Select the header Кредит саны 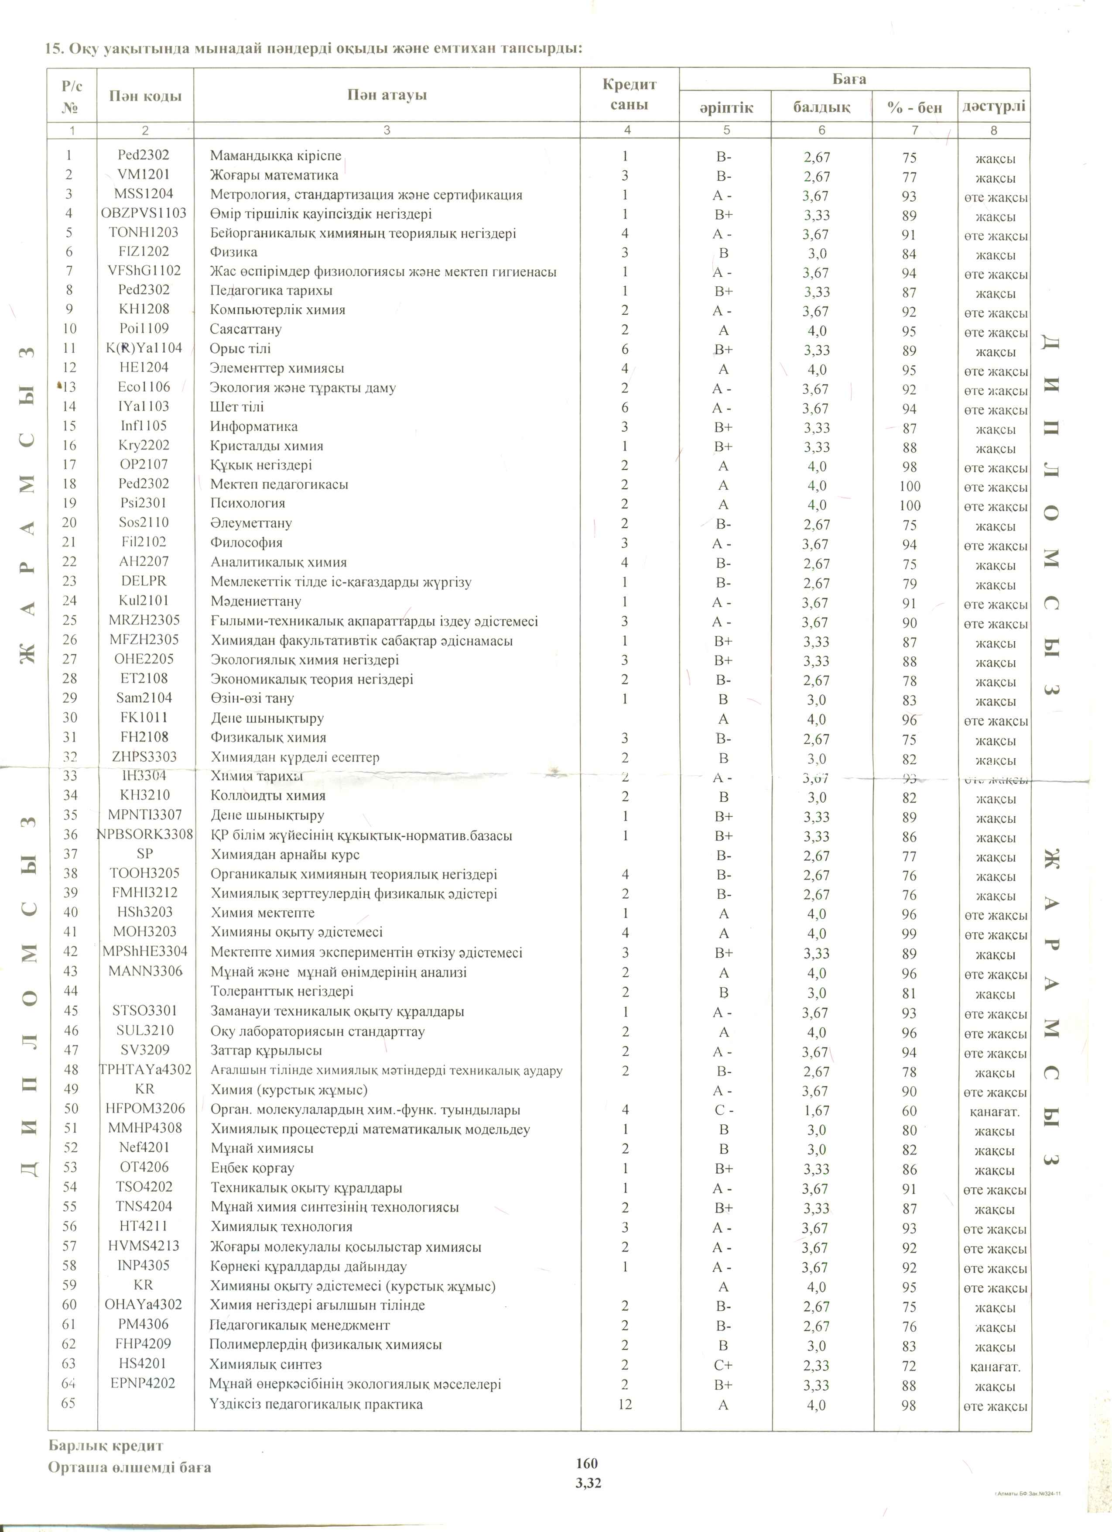[629, 95]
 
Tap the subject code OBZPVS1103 [144, 213]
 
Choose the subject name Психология [248, 503]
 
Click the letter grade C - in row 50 [724, 1110]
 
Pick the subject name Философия [246, 543]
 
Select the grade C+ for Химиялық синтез [723, 1365]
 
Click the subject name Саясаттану [246, 330]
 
